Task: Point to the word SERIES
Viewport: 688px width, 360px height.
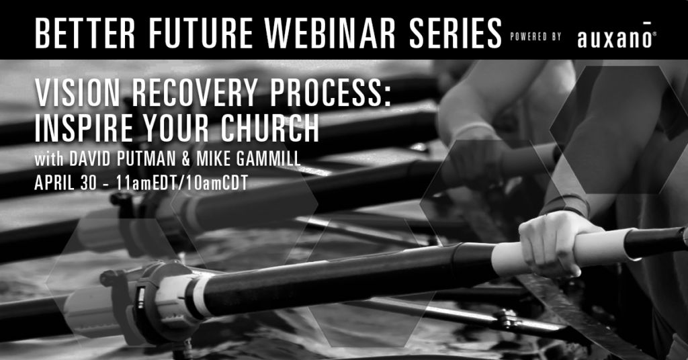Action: [x=455, y=34]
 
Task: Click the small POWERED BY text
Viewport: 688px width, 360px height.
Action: [x=535, y=37]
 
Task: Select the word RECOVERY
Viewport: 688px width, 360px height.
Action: [x=195, y=93]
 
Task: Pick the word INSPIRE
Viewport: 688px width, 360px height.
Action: [x=83, y=128]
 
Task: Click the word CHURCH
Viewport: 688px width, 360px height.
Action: [x=270, y=128]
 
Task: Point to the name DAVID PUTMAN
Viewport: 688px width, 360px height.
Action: [x=122, y=159]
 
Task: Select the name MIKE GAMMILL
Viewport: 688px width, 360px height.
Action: [x=249, y=159]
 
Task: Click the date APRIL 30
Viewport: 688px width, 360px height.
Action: [x=65, y=183]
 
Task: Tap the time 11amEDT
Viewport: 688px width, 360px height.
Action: [x=148, y=183]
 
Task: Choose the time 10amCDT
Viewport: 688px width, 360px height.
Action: [x=217, y=183]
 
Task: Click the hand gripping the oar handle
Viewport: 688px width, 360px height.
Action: [x=556, y=242]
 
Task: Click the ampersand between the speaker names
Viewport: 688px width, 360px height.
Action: [x=186, y=159]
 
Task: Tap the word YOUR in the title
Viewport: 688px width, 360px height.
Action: [x=177, y=128]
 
